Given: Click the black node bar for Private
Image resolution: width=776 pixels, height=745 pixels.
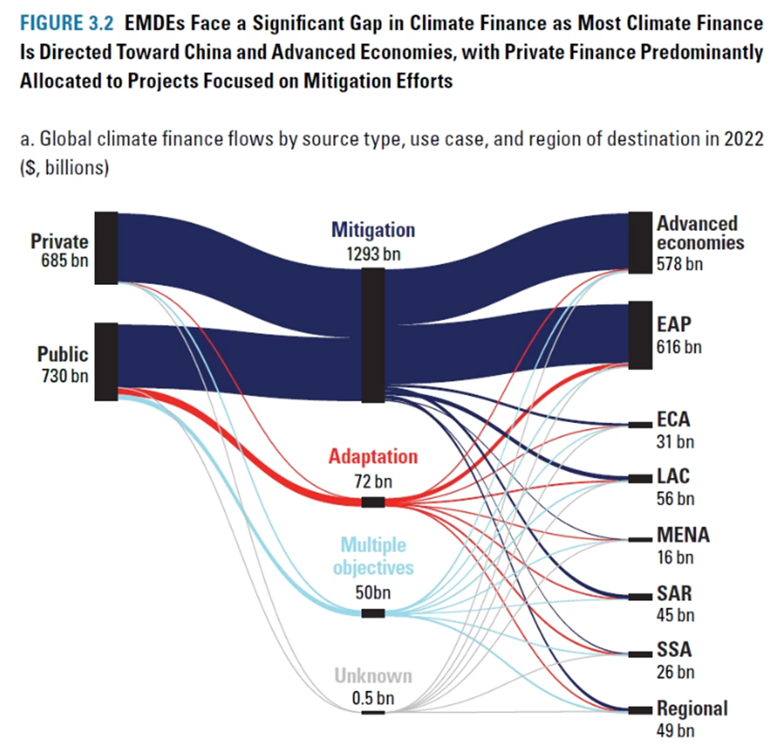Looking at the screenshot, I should pos(106,248).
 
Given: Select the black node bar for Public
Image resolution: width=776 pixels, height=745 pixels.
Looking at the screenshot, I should pos(106,361).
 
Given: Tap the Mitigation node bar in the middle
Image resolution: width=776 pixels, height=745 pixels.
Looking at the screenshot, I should pos(373,335).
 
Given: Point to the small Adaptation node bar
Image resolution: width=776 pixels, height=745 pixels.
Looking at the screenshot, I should pos(373,502).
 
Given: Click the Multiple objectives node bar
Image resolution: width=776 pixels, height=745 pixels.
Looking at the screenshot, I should pos(373,613).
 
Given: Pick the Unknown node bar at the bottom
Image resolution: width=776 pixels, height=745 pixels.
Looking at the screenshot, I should pos(373,712).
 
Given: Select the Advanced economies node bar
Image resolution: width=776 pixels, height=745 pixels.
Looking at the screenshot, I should pos(640,243).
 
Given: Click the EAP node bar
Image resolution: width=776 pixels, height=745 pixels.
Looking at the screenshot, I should pos(640,335).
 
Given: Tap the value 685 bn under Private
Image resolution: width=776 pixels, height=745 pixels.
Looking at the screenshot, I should pos(64,260).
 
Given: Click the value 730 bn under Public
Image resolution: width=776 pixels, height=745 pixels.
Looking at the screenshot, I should pos(64,375).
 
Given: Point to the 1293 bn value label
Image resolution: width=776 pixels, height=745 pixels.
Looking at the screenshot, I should pos(372,252).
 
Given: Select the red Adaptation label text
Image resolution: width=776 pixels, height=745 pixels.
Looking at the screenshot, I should pos(372,457).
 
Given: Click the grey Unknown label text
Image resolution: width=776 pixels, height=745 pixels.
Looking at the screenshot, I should pos(372,676).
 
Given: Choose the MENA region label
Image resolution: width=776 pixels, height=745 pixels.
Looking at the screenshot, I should pos(683,535).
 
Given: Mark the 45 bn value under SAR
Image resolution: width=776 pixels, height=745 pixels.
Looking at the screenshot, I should pos(675,614).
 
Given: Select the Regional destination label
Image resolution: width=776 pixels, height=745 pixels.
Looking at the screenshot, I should pos(693,708).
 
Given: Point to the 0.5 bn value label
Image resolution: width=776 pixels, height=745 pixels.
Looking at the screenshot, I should pos(372,697).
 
